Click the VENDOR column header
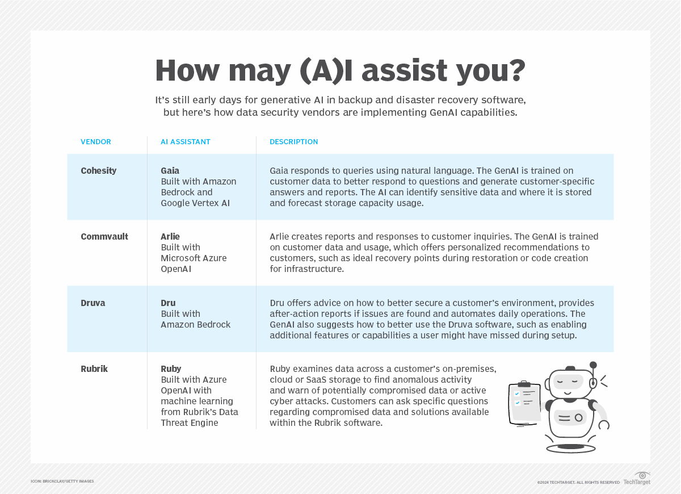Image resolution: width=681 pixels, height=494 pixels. coord(96,142)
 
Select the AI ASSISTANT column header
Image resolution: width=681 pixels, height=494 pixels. coord(186,142)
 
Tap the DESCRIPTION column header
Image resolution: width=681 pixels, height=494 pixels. coord(293,142)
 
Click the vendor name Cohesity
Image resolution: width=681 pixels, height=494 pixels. coord(99,170)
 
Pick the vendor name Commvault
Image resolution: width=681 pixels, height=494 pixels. coord(104,236)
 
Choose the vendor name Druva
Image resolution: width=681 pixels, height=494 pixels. coord(93,303)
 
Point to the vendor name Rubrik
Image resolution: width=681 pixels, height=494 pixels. coord(94,369)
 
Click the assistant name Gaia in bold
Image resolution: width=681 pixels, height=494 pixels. coord(170,170)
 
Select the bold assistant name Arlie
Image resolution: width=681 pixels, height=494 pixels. coord(171,236)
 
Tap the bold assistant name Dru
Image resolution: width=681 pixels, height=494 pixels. coord(168,303)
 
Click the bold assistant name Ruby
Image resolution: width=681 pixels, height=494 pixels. coord(171,369)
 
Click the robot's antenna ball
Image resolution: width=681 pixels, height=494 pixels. coord(593,365)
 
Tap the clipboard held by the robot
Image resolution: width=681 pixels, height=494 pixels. coord(525,403)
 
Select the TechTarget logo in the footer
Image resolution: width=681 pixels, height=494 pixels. coord(637,479)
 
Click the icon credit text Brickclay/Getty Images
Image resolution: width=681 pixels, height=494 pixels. coord(62,482)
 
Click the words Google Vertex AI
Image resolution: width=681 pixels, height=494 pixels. coord(195,203)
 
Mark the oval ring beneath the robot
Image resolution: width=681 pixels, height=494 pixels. coord(570,448)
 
